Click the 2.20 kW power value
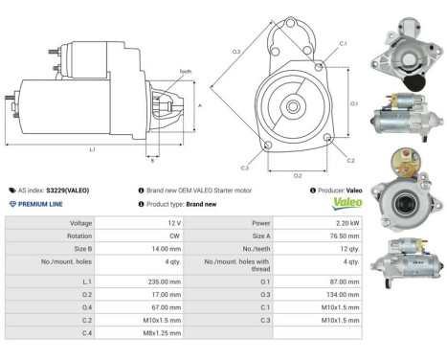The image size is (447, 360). [344, 223]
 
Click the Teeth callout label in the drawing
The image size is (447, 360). [185, 72]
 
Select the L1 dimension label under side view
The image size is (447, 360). [92, 150]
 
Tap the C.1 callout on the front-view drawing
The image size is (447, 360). [343, 45]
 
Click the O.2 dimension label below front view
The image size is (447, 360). [298, 175]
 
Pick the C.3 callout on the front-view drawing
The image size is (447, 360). [245, 168]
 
